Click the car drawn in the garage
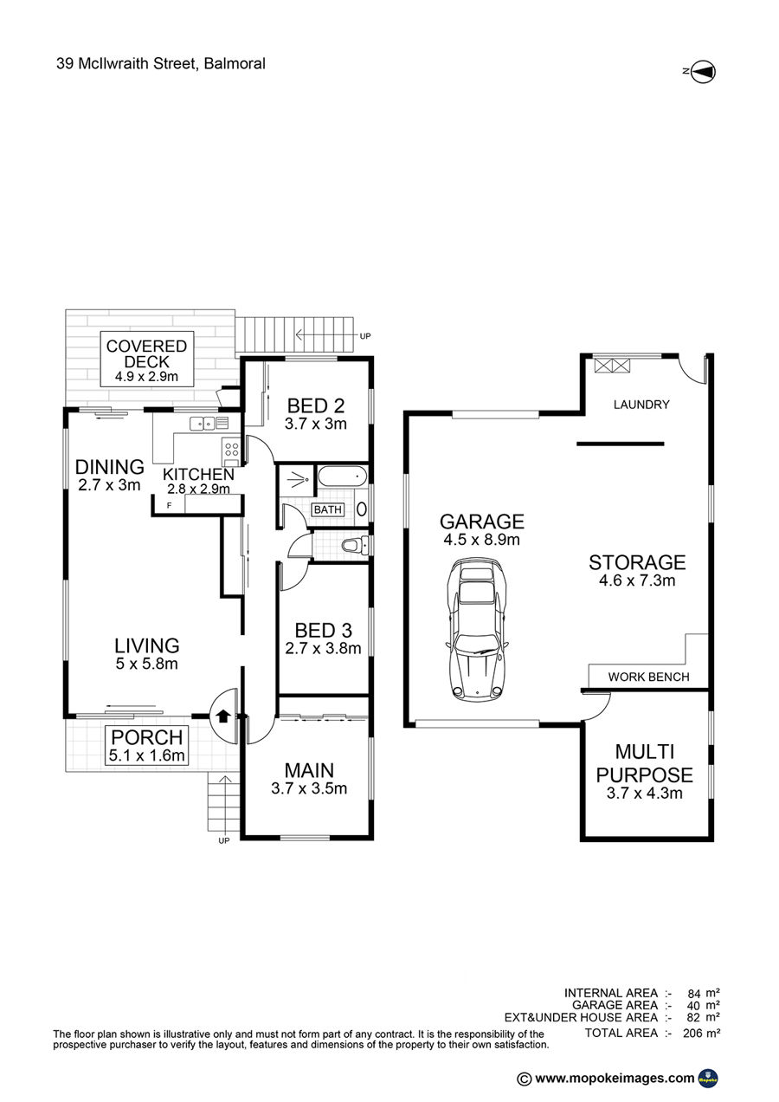[x=476, y=629]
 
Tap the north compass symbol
[x=703, y=72]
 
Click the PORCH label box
[x=147, y=745]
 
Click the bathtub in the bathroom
[x=342, y=476]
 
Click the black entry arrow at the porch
[x=223, y=716]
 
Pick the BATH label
[x=328, y=509]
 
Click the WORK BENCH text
[x=648, y=677]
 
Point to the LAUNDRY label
[x=641, y=405]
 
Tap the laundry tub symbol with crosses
[x=612, y=365]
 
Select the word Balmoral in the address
[x=235, y=63]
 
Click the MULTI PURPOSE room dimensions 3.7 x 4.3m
[x=644, y=793]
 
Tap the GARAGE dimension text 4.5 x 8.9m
[x=481, y=540]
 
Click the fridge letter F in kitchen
[x=169, y=505]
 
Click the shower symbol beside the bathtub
[x=296, y=479]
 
